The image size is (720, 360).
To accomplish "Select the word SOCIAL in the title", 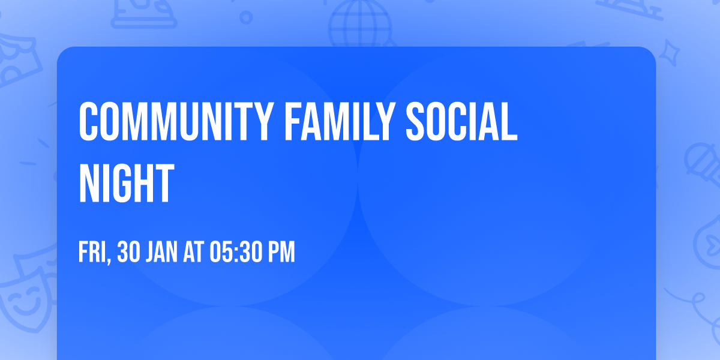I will tap(461, 122).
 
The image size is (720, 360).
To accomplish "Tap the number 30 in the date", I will tap(130, 253).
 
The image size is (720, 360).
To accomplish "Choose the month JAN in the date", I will tap(162, 253).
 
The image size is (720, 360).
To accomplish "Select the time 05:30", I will tap(236, 253).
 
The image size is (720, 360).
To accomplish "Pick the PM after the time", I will tap(281, 253).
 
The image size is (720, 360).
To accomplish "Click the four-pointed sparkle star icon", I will tap(671, 51).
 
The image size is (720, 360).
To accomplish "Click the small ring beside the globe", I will tap(246, 19).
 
